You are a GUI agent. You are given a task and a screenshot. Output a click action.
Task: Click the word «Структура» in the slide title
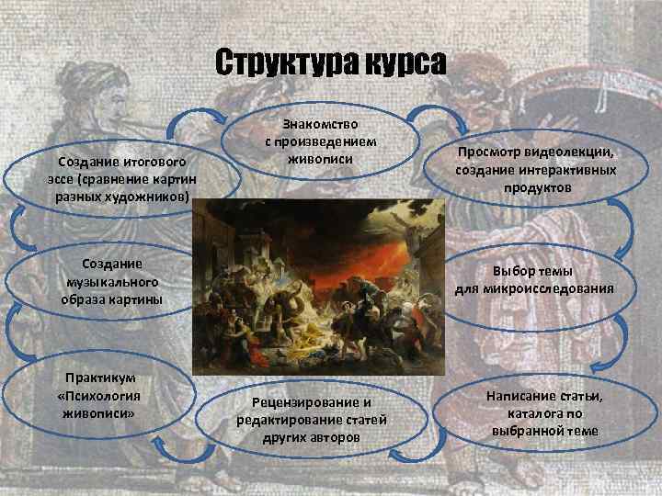click(x=276, y=64)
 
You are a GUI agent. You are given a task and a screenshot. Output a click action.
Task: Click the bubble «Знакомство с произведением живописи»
click(x=321, y=141)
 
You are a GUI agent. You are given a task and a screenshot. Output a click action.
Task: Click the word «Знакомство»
click(x=321, y=124)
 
